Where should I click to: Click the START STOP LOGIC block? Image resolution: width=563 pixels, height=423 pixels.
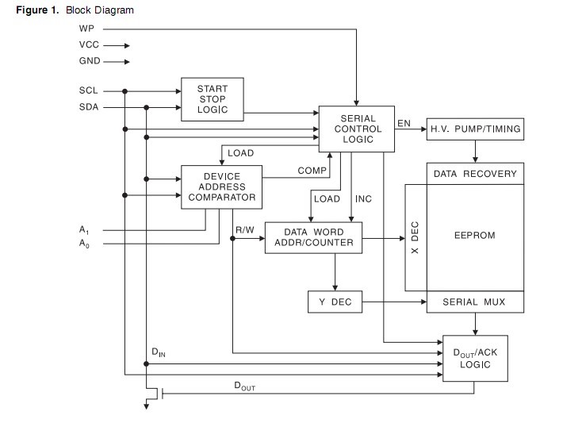point(212,99)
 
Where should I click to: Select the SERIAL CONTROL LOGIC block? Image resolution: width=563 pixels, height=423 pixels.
point(358,129)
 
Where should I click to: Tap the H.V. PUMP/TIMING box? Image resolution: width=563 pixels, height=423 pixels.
point(475,129)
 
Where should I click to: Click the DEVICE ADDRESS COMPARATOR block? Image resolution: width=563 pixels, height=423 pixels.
point(222,187)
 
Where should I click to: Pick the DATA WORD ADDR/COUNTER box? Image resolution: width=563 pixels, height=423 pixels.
point(314,236)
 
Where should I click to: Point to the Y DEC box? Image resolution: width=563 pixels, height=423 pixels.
point(334,302)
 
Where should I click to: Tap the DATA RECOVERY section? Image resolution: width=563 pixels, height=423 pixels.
point(475,174)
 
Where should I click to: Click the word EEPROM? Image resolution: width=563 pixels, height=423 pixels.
point(475,236)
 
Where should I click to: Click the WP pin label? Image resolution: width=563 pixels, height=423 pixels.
point(86,29)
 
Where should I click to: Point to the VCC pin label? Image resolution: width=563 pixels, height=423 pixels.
point(88,45)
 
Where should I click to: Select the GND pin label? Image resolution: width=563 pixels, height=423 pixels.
point(89,61)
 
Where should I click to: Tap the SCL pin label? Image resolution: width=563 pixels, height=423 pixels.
point(88,91)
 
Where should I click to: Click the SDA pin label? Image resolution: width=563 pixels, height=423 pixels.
point(88,107)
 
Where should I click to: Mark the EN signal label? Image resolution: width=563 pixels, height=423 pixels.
point(404,123)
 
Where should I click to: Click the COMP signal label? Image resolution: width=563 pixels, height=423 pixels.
point(312,171)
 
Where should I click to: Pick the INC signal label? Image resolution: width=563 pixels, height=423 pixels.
point(363,198)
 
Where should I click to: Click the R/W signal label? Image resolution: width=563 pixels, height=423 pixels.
point(244,230)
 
